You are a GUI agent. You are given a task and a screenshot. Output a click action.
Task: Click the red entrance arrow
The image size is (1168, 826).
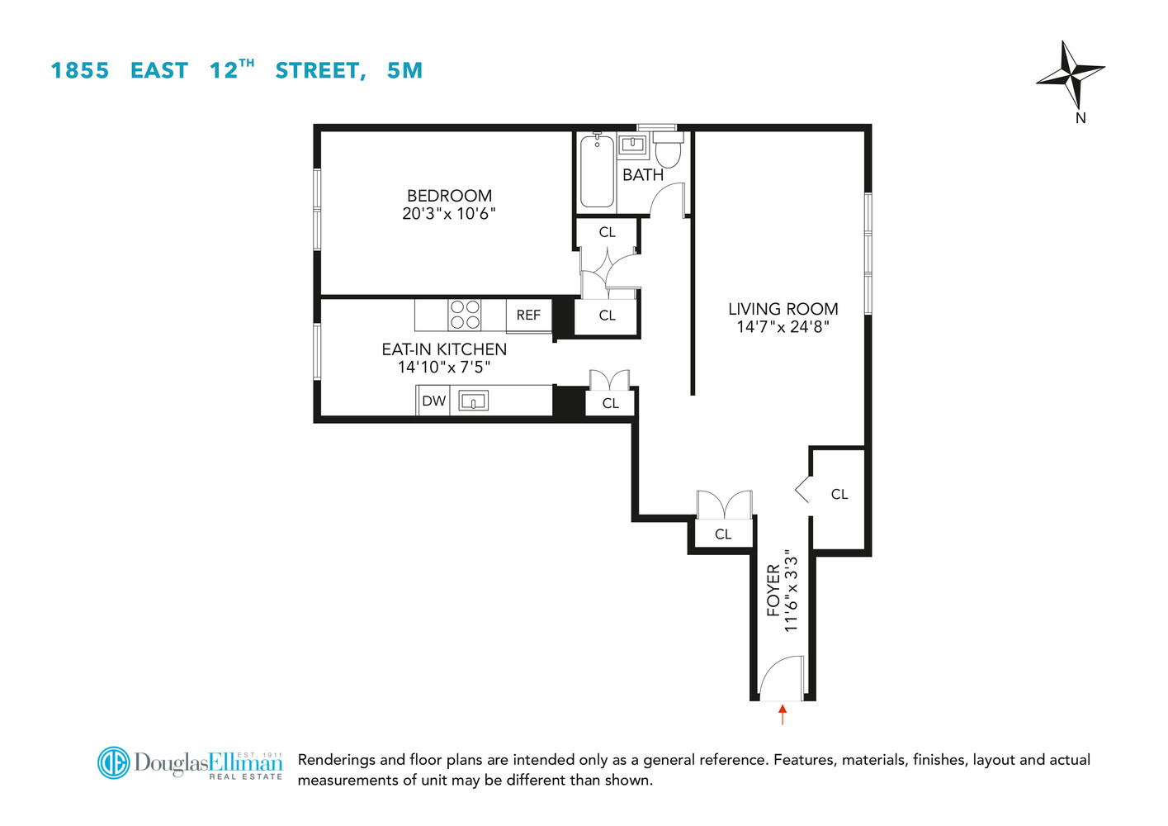[783, 714]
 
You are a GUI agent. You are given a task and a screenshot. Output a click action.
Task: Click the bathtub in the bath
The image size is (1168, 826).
[597, 172]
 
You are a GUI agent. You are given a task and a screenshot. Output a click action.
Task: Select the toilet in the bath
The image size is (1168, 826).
[668, 149]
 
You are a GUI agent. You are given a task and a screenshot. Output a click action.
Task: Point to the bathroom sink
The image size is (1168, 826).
[632, 145]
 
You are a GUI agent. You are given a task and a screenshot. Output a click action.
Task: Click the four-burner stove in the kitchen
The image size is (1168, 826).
[465, 315]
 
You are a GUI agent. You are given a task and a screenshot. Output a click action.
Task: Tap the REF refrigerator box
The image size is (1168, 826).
[529, 316]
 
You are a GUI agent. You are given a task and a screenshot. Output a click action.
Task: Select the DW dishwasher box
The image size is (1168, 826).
[433, 401]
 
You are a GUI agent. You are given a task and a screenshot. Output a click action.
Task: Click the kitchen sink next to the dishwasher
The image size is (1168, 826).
[473, 401]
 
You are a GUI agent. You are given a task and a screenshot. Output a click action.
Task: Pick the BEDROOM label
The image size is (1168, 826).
[450, 196]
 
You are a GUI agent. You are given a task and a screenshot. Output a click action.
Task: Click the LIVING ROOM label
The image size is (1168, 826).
[783, 309]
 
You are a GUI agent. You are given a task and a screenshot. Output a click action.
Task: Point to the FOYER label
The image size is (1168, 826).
[773, 590]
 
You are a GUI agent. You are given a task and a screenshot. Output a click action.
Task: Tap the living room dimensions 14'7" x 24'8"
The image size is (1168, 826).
[783, 326]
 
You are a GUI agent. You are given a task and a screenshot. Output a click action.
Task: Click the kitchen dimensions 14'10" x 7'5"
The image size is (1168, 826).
[444, 368]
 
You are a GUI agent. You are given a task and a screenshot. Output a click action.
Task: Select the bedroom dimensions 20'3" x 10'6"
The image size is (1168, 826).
[449, 213]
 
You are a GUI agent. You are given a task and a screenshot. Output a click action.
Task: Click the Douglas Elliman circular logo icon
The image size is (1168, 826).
[113, 762]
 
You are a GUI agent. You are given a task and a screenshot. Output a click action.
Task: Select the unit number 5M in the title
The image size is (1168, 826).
[404, 70]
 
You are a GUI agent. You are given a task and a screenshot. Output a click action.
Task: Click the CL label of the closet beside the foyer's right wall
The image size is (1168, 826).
[839, 494]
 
